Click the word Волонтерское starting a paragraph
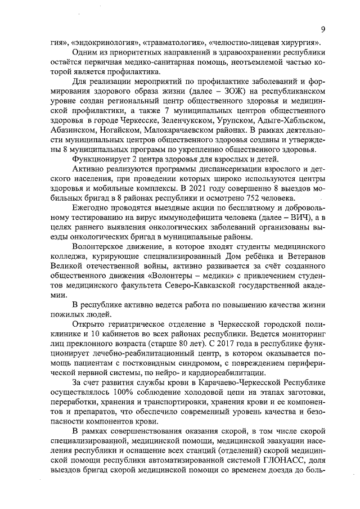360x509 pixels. point(99,247)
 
